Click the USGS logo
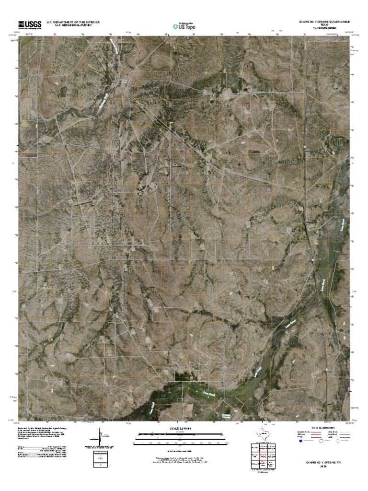coord(30,25)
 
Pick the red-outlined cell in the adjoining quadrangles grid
coord(262,455)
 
